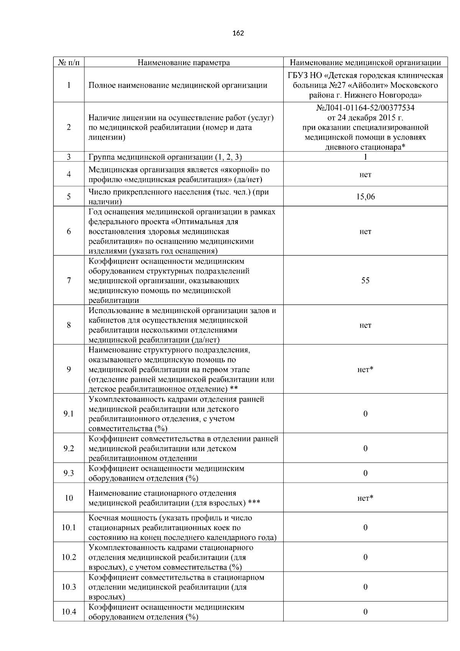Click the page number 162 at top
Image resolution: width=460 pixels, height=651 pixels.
tap(238, 33)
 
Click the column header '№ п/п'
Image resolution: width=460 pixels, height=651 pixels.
tap(69, 63)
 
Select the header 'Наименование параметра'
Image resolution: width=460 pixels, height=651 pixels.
tap(184, 63)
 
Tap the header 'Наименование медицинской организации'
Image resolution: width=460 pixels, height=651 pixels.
tap(365, 63)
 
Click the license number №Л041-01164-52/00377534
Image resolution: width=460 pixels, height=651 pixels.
tap(365, 108)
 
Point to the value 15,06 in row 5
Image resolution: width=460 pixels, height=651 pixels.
tap(365, 197)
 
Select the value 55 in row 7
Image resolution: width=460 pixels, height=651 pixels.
tap(365, 280)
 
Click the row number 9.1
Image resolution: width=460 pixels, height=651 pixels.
tap(69, 414)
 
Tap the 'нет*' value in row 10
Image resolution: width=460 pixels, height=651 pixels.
tap(365, 498)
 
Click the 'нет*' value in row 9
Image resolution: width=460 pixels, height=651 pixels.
tap(365, 369)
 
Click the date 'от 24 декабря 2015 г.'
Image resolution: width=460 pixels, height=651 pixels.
tap(365, 117)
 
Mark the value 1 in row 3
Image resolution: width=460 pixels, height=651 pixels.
tap(365, 157)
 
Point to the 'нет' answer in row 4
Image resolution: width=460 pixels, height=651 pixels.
tap(365, 175)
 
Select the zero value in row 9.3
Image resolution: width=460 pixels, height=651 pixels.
tap(365, 473)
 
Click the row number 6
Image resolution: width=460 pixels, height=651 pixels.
tap(69, 231)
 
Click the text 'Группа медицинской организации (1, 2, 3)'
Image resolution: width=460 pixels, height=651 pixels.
tap(165, 157)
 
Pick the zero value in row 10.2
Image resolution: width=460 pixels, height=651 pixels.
tap(365, 557)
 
